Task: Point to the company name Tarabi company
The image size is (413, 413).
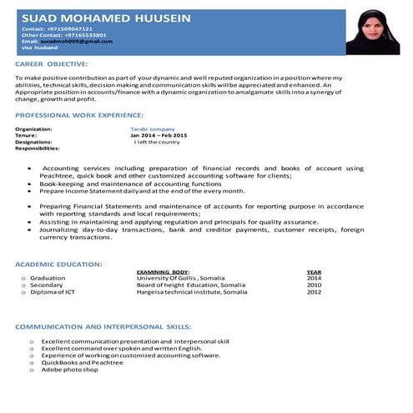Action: click(x=153, y=129)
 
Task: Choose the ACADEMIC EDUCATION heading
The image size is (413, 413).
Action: click(x=59, y=264)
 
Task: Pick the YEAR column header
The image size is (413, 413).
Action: click(x=314, y=272)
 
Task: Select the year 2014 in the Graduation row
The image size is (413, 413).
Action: click(x=314, y=278)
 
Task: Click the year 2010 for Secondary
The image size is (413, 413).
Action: click(x=314, y=285)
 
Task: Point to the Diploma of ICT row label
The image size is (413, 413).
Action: click(x=53, y=293)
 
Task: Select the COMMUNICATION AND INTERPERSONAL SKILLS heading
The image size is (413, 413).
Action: click(x=103, y=328)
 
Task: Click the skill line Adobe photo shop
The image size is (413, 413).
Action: click(x=70, y=369)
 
